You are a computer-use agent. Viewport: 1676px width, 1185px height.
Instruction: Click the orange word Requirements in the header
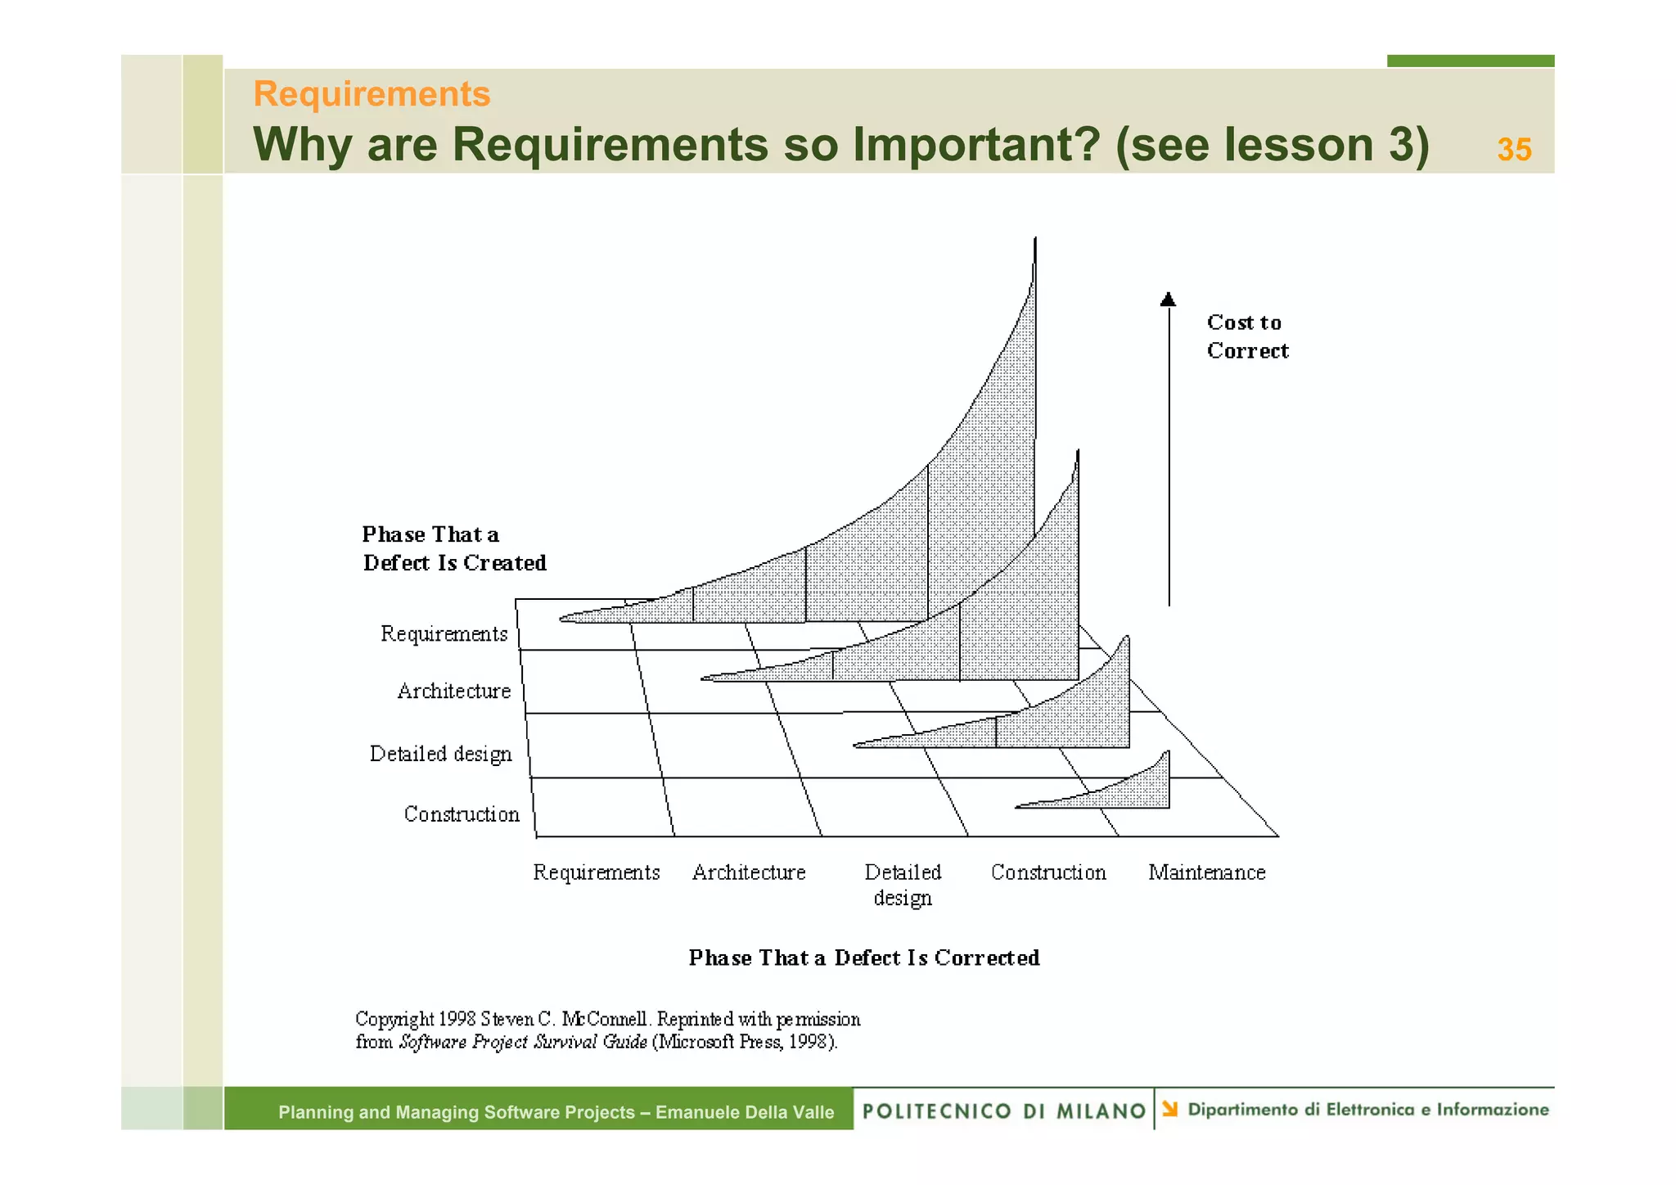(372, 94)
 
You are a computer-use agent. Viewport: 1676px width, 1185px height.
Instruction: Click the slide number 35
(1513, 150)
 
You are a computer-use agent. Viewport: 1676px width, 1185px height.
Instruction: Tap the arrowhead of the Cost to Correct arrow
(1168, 300)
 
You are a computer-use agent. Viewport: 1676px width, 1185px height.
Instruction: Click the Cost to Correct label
(1246, 336)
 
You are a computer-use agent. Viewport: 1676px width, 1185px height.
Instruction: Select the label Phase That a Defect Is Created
(453, 548)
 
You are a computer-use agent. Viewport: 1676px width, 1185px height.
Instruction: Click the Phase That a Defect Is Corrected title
(863, 957)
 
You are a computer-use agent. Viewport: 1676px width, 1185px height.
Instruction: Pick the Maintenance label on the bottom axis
(1206, 872)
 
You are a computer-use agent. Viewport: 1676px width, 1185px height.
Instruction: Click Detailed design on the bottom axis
(903, 885)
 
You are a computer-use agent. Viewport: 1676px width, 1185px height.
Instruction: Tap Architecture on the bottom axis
(749, 872)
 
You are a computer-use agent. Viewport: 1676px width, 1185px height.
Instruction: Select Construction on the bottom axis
(1047, 872)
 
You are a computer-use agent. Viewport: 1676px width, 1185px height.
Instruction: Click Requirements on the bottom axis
(596, 872)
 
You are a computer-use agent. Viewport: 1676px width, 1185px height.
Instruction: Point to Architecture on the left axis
(453, 692)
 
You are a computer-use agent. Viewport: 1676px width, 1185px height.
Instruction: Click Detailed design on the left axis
(440, 754)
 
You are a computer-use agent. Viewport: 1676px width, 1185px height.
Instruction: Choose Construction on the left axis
(462, 814)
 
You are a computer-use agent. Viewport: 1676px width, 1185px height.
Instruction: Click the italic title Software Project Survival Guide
(523, 1042)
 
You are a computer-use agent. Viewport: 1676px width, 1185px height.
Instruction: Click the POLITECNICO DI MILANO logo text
(1003, 1111)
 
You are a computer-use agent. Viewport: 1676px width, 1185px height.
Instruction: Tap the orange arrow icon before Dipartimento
(1170, 1109)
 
